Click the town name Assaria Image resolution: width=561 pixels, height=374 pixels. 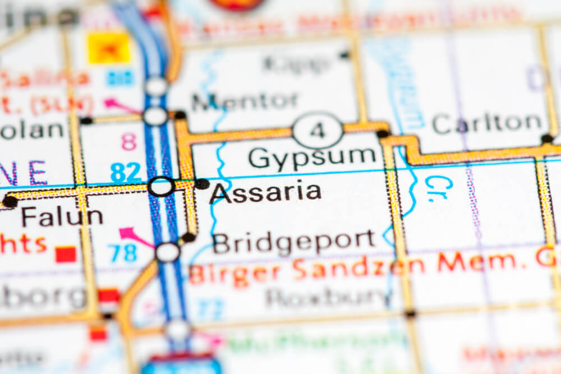[265, 193]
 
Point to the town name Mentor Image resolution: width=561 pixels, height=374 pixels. [245, 101]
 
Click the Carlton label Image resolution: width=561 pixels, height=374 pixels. [488, 123]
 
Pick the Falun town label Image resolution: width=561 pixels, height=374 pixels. [62, 217]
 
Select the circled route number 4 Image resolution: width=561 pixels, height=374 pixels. [318, 131]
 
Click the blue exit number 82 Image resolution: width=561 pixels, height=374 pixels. [126, 172]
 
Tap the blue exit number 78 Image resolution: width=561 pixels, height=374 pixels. [123, 253]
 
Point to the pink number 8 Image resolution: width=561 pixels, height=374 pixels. [128, 142]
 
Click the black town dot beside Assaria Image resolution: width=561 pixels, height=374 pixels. [201, 184]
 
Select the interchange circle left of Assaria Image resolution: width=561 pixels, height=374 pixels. [161, 186]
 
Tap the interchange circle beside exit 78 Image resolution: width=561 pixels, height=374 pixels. [167, 252]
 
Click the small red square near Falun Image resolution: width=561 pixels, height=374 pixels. [66, 254]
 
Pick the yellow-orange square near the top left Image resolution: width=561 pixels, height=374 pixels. [109, 48]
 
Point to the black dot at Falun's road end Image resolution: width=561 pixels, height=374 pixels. [10, 201]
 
